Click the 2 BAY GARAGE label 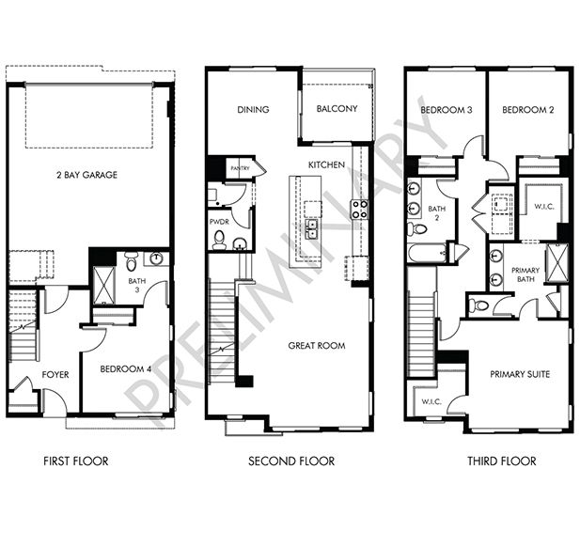(x=86, y=174)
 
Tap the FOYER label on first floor (x=55, y=374)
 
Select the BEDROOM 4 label (x=126, y=368)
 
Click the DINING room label (x=253, y=109)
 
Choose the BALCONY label (x=337, y=109)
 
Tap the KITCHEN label (x=326, y=164)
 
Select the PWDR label (x=219, y=222)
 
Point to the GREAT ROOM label (x=316, y=346)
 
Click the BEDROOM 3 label (x=446, y=110)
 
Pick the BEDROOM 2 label (x=527, y=110)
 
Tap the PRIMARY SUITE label (x=520, y=374)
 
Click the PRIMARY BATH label (x=525, y=274)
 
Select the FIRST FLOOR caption (x=76, y=461)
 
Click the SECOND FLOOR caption (x=291, y=461)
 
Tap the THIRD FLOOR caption (x=501, y=461)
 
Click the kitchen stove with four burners (x=359, y=210)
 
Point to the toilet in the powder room (x=219, y=242)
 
